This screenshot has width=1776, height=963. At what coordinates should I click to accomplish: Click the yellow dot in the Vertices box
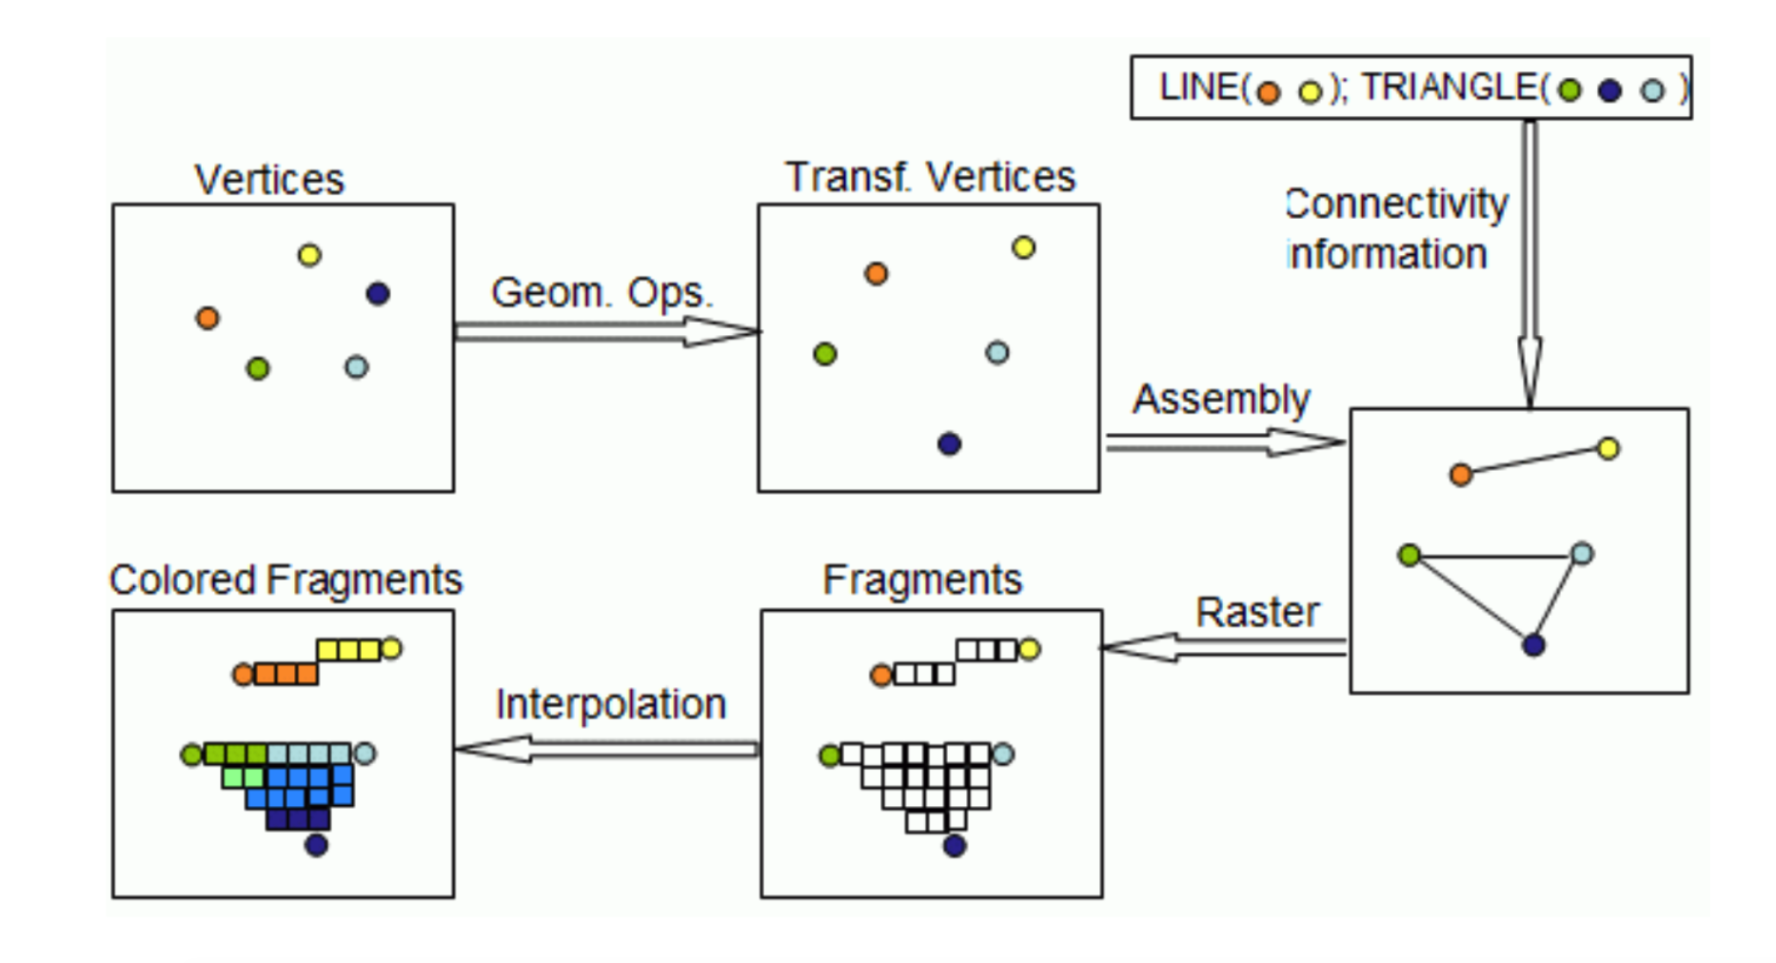click(309, 255)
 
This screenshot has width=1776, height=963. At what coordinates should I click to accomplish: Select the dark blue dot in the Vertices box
click(378, 293)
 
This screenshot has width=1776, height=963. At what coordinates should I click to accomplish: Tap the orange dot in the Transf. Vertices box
click(876, 274)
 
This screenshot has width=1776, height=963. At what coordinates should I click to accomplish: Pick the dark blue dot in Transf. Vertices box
click(949, 443)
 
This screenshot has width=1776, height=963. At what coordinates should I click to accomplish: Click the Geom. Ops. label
click(601, 292)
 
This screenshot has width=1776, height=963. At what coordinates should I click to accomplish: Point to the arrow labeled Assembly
click(1224, 442)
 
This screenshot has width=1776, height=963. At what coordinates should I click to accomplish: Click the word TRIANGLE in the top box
click(1447, 88)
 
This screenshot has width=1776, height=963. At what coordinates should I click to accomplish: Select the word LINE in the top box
click(1198, 88)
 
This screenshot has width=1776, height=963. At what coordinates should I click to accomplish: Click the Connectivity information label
click(1394, 228)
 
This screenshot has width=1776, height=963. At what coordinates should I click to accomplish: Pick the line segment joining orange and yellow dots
click(1534, 462)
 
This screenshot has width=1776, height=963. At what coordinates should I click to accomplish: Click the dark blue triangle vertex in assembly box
click(1533, 645)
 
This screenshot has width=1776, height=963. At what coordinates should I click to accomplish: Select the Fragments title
click(921, 580)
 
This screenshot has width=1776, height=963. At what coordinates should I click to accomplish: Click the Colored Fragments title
click(286, 580)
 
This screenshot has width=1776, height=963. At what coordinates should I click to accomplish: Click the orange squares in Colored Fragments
click(286, 675)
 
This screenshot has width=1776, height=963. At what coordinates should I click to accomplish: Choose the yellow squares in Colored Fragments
click(348, 650)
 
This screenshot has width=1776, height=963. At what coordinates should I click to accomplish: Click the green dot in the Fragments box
click(829, 756)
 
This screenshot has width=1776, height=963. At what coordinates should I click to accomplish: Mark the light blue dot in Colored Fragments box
click(365, 754)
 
